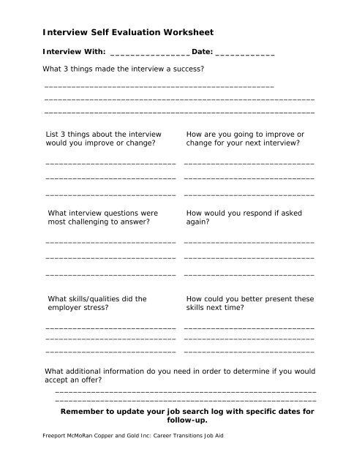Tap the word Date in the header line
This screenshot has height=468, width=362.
click(201, 52)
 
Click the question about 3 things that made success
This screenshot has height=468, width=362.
click(124, 69)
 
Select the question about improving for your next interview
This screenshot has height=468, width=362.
click(246, 139)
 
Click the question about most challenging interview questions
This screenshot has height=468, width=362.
click(102, 216)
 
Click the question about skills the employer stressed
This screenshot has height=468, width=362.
click(97, 303)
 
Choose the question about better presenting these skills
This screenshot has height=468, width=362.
click(250, 303)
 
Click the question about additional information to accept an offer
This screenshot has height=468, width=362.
click(180, 376)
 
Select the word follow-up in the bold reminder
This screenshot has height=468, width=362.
click(187, 420)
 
